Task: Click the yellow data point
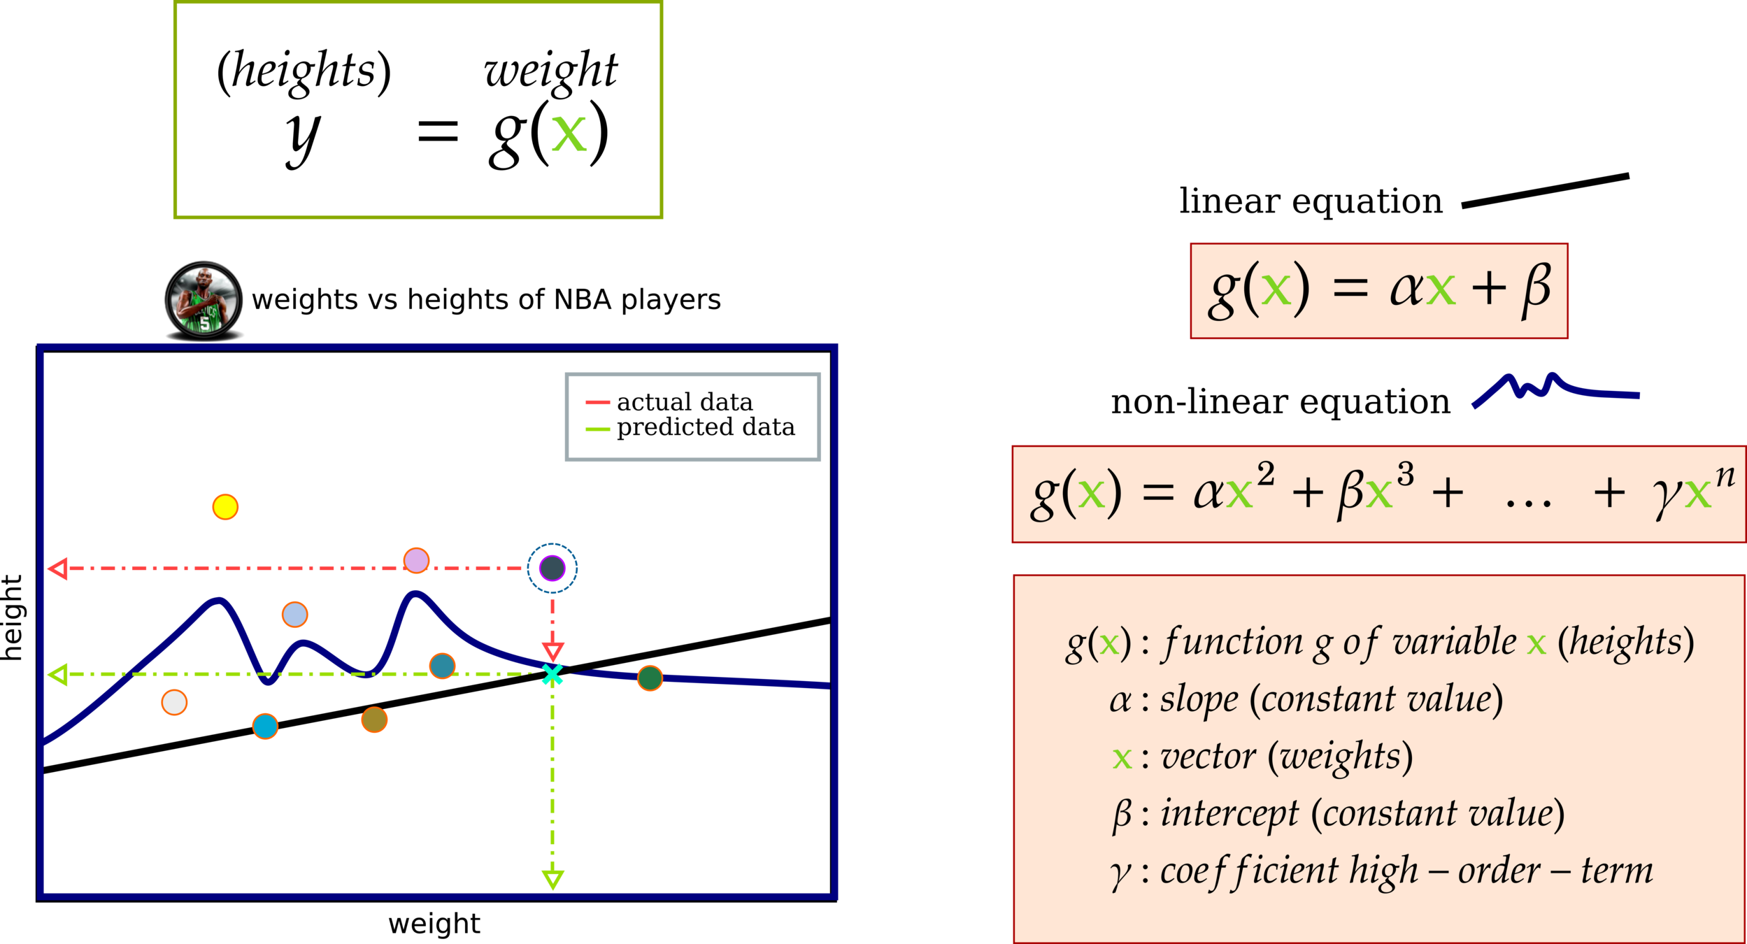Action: (x=225, y=507)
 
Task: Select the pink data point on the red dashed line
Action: (x=417, y=561)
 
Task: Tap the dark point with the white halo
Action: (x=552, y=568)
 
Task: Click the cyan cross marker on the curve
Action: (x=552, y=675)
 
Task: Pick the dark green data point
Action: (x=650, y=678)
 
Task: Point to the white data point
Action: (x=174, y=702)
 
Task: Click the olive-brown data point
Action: (x=374, y=720)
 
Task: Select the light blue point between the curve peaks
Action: (x=294, y=615)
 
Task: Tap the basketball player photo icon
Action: (x=204, y=300)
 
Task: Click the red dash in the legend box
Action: (x=598, y=403)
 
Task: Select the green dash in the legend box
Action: (x=598, y=429)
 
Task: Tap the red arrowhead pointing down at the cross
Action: (x=552, y=652)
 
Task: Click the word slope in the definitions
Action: (x=1199, y=699)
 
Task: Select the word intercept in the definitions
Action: (x=1229, y=814)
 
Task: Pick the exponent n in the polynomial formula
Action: (x=1725, y=477)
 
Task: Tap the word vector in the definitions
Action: (x=1208, y=757)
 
